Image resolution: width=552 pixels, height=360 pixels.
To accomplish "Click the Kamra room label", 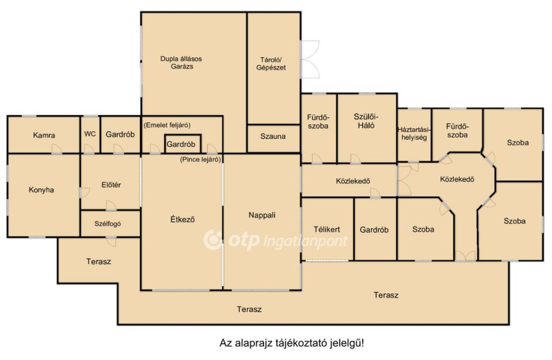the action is tap(44, 135).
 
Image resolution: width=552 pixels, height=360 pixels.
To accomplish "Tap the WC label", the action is tap(90, 134).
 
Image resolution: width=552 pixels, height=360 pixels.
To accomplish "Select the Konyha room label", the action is tap(41, 190).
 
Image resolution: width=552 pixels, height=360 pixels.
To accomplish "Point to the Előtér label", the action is tap(111, 185).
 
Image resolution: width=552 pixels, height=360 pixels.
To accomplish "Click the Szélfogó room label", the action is tap(108, 224).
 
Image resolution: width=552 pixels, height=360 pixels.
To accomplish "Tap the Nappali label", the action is tap(262, 215).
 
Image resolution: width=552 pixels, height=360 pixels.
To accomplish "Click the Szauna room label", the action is tap(273, 136).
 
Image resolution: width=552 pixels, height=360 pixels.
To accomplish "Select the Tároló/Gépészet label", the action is tap(271, 64).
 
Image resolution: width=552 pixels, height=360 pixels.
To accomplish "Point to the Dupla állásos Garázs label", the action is tap(181, 63).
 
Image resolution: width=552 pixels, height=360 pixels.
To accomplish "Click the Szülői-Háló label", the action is tap(366, 121).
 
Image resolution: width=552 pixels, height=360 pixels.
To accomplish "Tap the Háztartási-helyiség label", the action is tap(415, 133).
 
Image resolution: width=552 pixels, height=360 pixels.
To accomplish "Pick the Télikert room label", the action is tap(327, 230).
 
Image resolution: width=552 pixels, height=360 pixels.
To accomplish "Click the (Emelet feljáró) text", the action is tap(167, 125).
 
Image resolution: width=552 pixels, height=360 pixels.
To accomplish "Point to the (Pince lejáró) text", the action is tap(201, 160).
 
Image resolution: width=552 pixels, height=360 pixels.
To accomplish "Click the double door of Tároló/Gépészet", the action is tap(310, 59).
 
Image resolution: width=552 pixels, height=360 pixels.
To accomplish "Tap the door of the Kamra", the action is tap(56, 149).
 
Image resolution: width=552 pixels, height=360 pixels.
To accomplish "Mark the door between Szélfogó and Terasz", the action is tap(111, 241).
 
